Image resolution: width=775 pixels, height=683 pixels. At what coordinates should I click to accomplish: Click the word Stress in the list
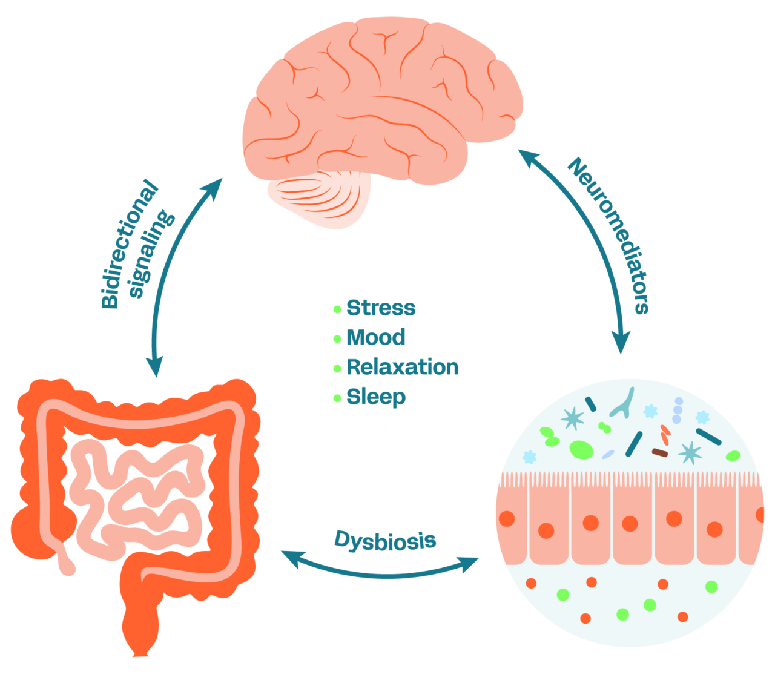pos(381,308)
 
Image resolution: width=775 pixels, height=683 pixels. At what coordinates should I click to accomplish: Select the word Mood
pos(375,337)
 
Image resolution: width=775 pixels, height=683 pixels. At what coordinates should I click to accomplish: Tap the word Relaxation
pos(403,367)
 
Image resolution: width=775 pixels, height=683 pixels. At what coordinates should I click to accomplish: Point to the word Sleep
pos(376,397)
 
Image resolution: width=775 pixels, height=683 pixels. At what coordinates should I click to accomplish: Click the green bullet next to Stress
pos(337,309)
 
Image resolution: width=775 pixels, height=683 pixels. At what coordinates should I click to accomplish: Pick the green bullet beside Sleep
pos(337,398)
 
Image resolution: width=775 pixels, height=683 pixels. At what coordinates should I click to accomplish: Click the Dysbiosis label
pos(385,540)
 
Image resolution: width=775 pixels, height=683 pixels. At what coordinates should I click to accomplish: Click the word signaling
pos(152,254)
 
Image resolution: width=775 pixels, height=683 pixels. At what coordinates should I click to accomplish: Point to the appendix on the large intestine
pos(63,560)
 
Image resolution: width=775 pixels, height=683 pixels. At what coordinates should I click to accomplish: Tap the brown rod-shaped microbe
pos(660,452)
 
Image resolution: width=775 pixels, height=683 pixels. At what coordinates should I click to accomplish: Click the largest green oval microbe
pos(581,449)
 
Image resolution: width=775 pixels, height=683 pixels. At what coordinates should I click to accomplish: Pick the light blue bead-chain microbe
pos(678,410)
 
